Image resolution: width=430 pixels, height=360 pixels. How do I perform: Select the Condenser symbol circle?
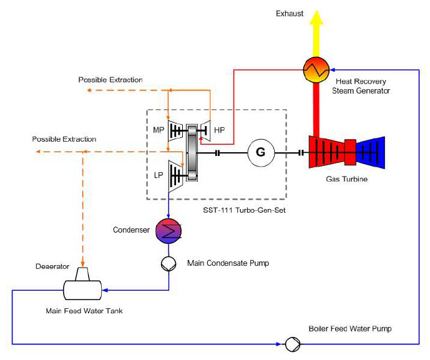[169, 231]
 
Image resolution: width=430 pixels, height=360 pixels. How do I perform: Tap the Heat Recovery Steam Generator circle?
[316, 70]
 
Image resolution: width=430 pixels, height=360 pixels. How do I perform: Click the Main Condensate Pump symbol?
[169, 263]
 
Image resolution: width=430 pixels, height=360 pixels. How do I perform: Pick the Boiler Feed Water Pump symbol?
[293, 344]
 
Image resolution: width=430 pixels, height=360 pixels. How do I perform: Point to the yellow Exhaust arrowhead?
[316, 17]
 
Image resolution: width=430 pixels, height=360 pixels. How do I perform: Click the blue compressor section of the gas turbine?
[371, 152]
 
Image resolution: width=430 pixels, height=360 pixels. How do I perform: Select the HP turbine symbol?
[205, 131]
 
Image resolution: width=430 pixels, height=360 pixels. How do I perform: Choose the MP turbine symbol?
[175, 130]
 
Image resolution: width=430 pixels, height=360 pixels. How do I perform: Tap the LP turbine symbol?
[175, 177]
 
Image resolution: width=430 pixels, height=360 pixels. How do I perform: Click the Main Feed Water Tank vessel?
[82, 290]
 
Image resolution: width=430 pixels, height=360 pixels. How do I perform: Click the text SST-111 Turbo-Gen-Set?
[244, 210]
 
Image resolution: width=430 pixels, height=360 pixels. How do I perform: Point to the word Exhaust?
[290, 14]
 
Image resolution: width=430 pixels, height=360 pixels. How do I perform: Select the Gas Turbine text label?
[346, 179]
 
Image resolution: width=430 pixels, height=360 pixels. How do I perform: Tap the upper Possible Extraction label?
[110, 80]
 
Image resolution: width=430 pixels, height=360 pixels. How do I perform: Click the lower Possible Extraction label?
[64, 139]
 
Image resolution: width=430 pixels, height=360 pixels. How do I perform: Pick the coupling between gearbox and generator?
[217, 153]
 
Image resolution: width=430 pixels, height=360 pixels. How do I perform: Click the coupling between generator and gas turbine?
[301, 153]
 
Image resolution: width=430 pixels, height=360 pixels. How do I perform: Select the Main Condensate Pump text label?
[228, 263]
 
